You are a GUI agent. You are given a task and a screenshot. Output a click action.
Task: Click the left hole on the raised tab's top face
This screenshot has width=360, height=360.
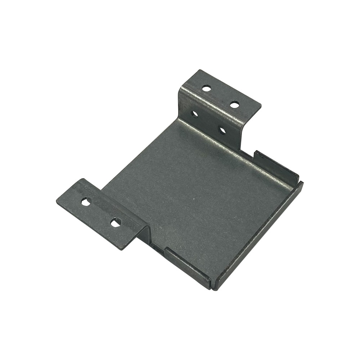click(x=206, y=87)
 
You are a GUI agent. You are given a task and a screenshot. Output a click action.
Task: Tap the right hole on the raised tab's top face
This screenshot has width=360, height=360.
click(x=234, y=105)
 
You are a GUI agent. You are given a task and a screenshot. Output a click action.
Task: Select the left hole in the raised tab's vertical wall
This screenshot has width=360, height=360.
click(x=195, y=114)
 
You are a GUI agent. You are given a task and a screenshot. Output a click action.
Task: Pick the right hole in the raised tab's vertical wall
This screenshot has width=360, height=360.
click(x=222, y=130)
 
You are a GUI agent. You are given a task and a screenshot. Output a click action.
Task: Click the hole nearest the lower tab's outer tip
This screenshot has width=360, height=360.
click(x=86, y=202)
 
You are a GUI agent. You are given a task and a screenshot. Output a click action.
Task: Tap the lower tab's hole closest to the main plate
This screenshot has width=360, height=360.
click(x=115, y=223)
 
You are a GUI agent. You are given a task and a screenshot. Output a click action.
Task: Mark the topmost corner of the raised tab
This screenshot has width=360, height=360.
click(x=197, y=70)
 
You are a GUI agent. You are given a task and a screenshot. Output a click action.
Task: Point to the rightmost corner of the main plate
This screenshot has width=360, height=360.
click(x=303, y=183)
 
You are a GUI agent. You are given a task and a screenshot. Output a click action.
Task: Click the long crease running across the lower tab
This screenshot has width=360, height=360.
click(x=108, y=203)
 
